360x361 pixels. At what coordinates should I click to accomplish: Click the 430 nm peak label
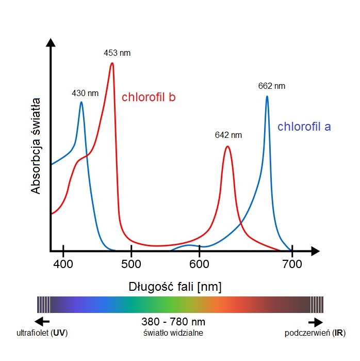pyautogui.click(x=85, y=93)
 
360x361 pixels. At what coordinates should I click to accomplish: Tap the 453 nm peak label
pyautogui.click(x=117, y=53)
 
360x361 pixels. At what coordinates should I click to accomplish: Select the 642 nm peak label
pyautogui.click(x=228, y=135)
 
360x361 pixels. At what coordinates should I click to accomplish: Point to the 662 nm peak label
pyautogui.click(x=272, y=86)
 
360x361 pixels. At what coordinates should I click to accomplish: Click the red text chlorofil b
pyautogui.click(x=149, y=97)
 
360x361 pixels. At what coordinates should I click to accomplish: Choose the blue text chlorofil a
pyautogui.click(x=304, y=127)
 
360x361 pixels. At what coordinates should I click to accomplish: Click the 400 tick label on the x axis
pyautogui.click(x=63, y=264)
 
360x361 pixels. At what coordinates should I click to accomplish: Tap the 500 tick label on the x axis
pyautogui.click(x=132, y=264)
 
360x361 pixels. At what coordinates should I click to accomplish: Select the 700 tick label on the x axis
pyautogui.click(x=292, y=264)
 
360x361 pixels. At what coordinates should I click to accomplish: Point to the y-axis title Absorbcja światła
pyautogui.click(x=36, y=148)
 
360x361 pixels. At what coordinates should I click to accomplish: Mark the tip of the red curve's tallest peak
pyautogui.click(x=112, y=64)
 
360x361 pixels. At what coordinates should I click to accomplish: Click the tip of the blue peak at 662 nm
pyautogui.click(x=267, y=97)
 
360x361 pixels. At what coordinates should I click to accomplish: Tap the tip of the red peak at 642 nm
pyautogui.click(x=227, y=147)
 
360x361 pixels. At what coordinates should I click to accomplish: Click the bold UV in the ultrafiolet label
pyautogui.click(x=59, y=333)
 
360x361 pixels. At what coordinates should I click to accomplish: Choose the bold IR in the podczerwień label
pyautogui.click(x=339, y=333)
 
